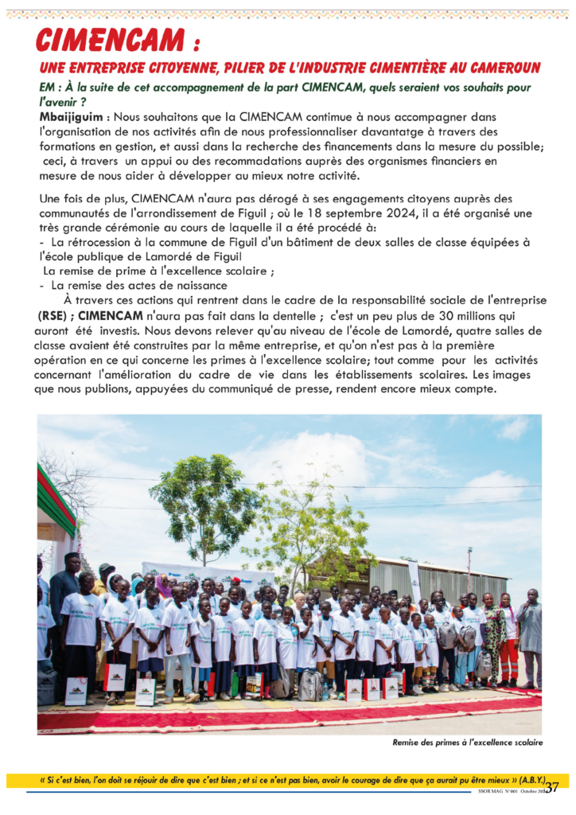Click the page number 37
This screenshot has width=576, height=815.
[x=552, y=787]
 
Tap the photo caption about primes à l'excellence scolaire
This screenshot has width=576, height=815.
[x=467, y=743]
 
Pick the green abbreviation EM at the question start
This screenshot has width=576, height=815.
[x=47, y=88]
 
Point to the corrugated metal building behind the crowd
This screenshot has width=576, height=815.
[x=446, y=579]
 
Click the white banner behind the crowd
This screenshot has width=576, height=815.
[x=207, y=575]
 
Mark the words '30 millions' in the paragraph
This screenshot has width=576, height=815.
[x=463, y=314]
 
